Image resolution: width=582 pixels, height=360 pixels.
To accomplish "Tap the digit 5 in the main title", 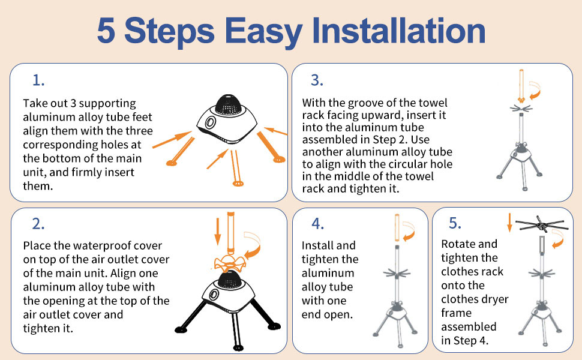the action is [x=106, y=31].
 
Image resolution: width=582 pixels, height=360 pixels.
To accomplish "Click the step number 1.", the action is [x=38, y=80].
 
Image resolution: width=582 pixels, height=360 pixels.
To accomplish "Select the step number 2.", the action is [x=38, y=224].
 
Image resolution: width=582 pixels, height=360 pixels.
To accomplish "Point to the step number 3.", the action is [x=317, y=80].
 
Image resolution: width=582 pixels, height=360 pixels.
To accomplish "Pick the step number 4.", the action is [x=318, y=223].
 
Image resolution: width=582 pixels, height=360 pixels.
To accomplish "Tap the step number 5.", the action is [x=455, y=223].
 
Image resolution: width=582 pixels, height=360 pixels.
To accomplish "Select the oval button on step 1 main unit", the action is [x=210, y=122].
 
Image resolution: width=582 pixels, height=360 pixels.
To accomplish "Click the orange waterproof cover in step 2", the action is [x=230, y=262].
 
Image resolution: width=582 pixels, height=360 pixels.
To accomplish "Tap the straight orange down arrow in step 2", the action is [x=218, y=232].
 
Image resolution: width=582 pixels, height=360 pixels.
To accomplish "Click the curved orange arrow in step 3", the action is [x=535, y=90].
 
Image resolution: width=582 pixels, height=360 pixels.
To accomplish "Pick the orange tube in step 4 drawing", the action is [x=397, y=227].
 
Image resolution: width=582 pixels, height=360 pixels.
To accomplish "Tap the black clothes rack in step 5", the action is [x=542, y=224].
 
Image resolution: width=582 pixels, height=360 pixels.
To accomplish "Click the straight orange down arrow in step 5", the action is [x=509, y=223].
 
